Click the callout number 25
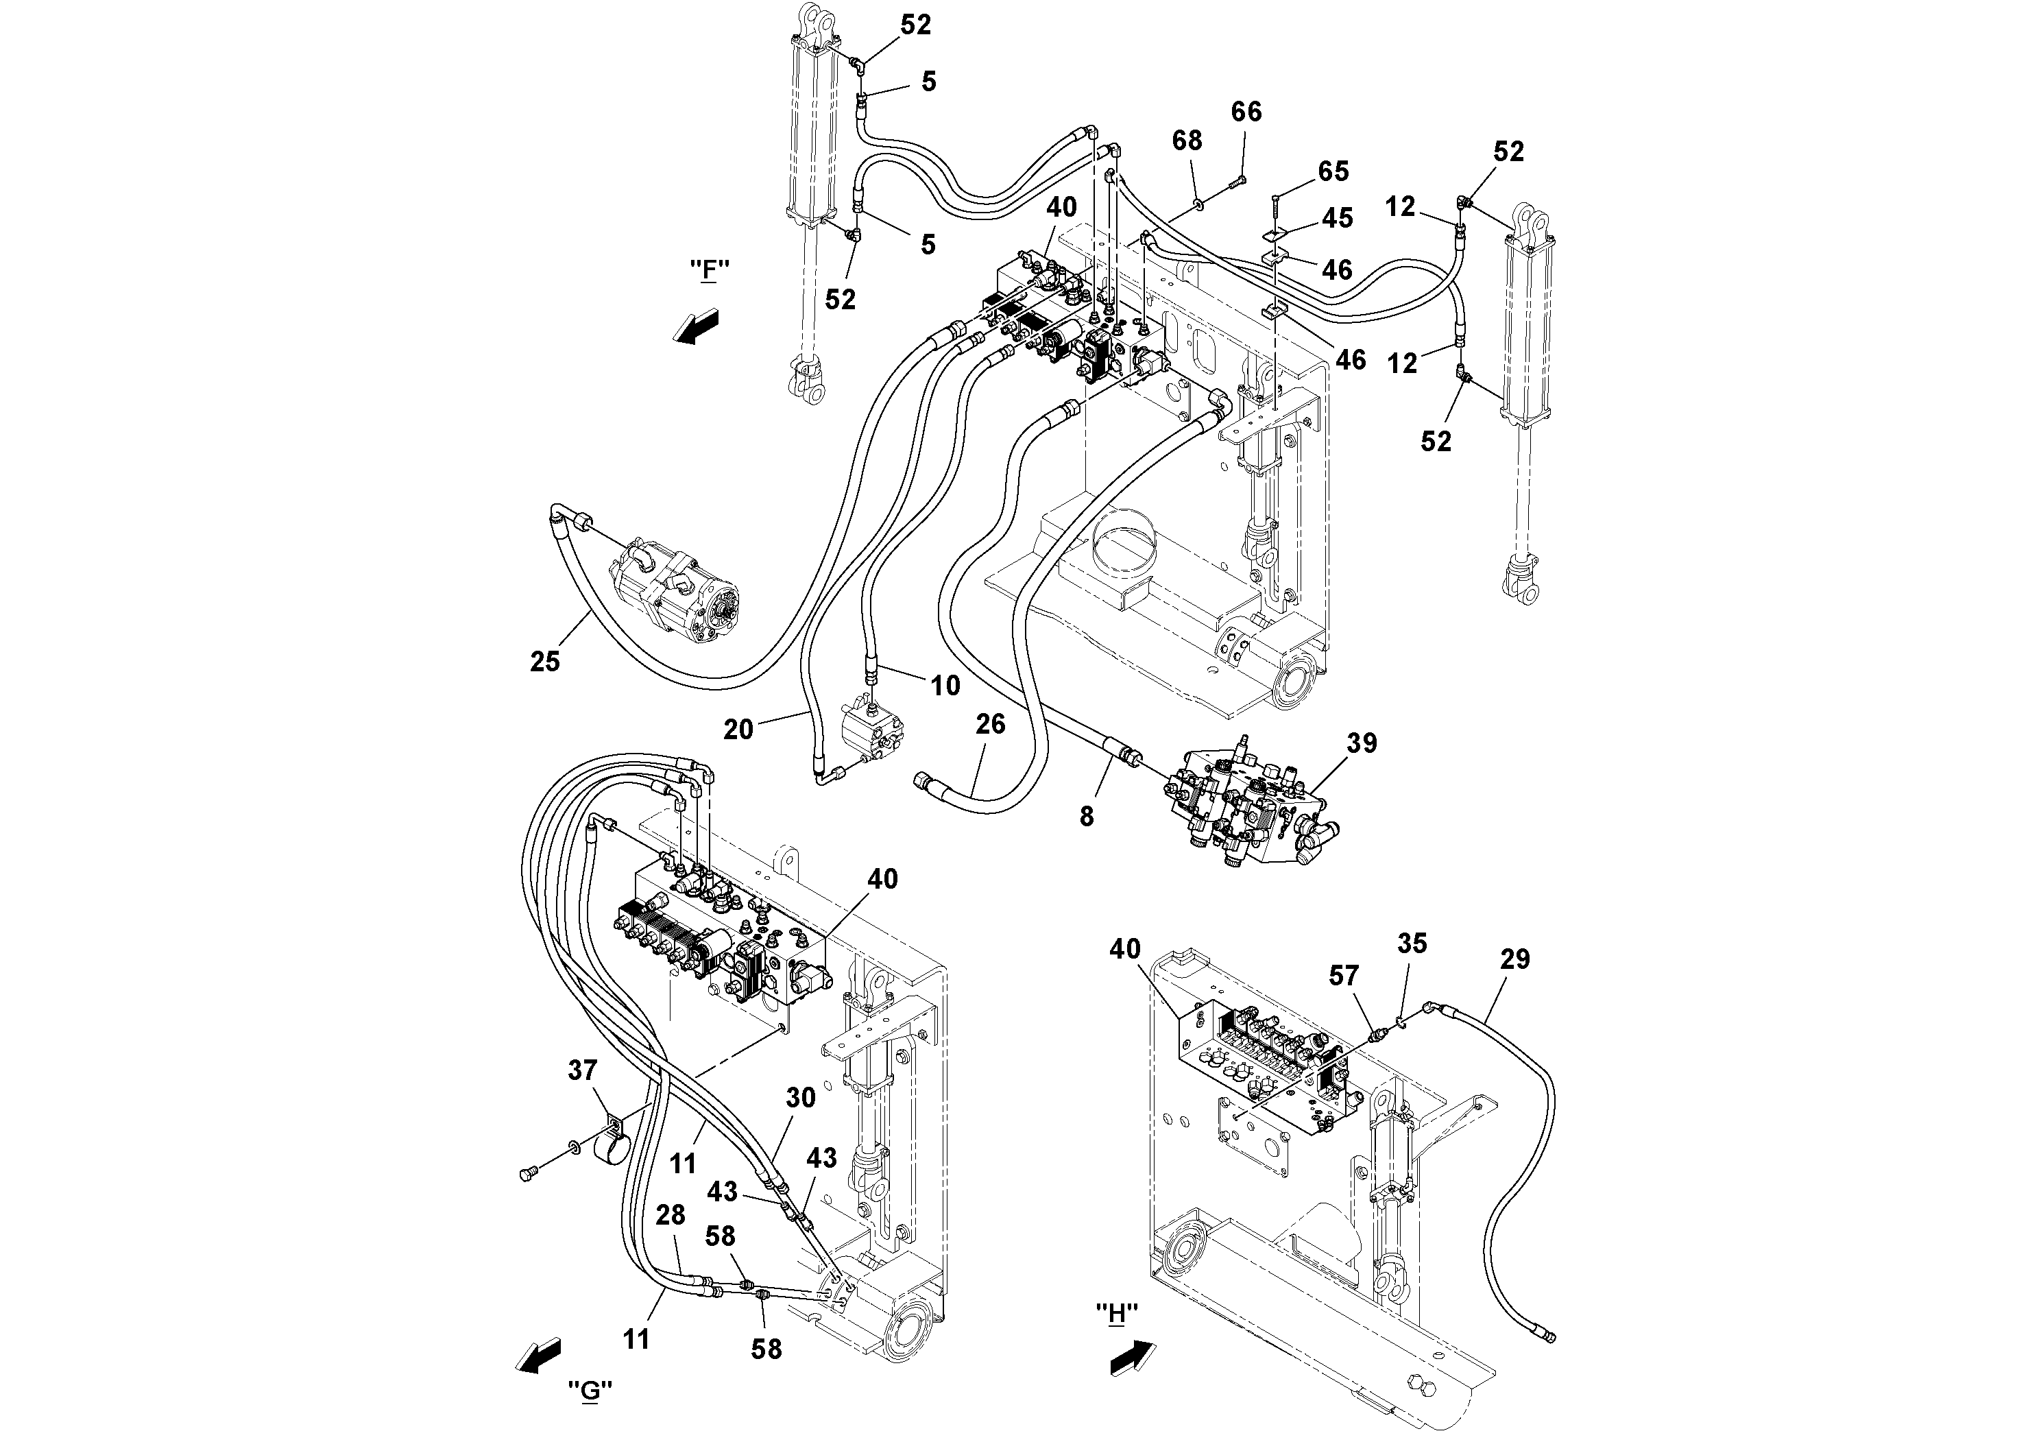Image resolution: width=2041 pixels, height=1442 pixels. point(545,662)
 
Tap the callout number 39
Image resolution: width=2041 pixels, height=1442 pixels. point(1362,743)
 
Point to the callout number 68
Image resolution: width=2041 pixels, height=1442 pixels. point(1187,141)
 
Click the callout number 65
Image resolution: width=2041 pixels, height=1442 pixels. point(1333,171)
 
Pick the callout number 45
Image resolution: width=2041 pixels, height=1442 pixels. point(1338,218)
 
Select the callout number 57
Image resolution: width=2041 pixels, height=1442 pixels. point(1344,976)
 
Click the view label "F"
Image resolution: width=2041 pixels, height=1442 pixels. point(708,269)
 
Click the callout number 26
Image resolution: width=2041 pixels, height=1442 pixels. point(990,725)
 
